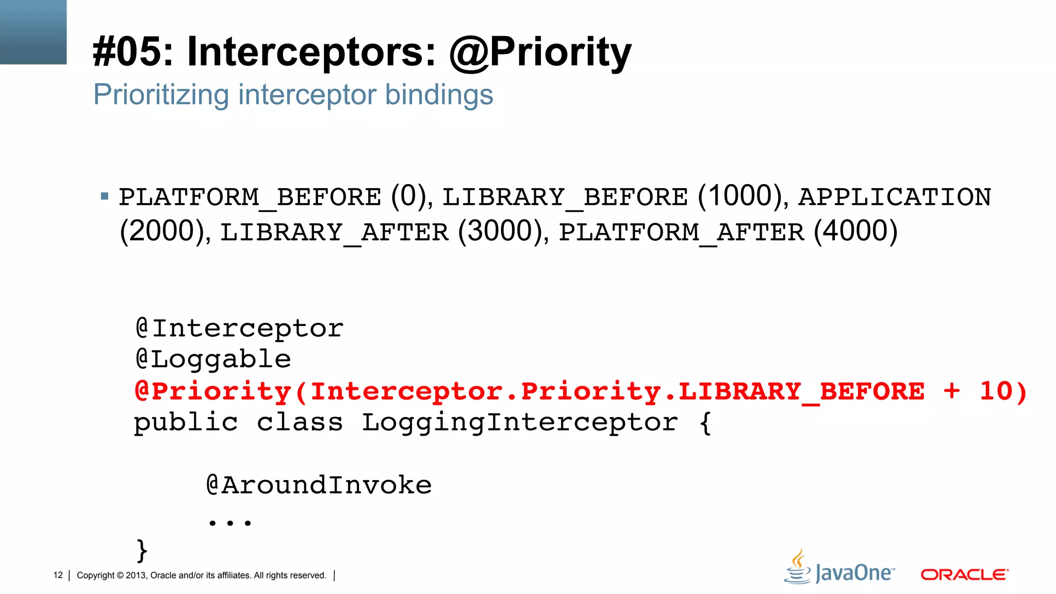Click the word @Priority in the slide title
pos(540,52)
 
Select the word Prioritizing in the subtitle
pos(161,95)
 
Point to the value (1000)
pos(742,196)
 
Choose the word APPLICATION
pos(895,197)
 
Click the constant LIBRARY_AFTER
pos(334,232)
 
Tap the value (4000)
pos(855,231)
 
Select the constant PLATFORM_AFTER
pos(681,232)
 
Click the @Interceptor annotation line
pos(239,328)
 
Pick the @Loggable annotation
pos(213,359)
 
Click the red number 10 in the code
pos(996,391)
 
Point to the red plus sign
pos(952,391)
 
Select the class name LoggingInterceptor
pos(520,423)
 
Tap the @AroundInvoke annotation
pos(319,485)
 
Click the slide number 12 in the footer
pos(58,575)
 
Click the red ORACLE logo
pos(964,574)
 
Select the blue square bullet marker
pos(105,196)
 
